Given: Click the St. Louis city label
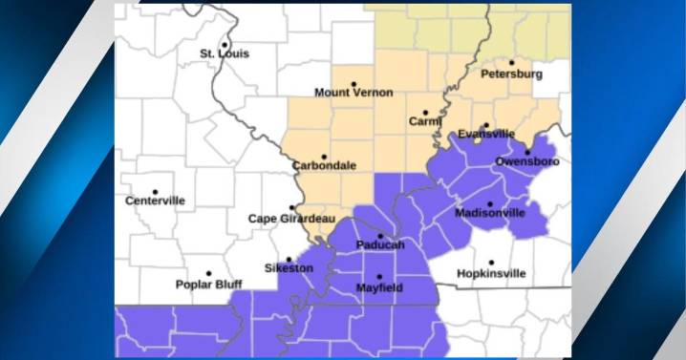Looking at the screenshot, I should pyautogui.click(x=225, y=54).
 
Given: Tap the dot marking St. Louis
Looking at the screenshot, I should pyautogui.click(x=225, y=43).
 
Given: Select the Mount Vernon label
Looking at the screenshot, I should pyautogui.click(x=349, y=94).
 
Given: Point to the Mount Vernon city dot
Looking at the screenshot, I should pyautogui.click(x=354, y=83).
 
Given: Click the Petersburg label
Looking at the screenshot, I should pyautogui.click(x=511, y=74).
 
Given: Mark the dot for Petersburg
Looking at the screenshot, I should pyautogui.click(x=512, y=62).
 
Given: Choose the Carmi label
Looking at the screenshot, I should pyautogui.click(x=425, y=122).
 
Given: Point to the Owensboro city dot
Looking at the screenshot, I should pyautogui.click(x=527, y=152).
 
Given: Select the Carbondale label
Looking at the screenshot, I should pyautogui.click(x=325, y=165).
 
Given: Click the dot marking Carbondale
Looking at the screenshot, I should pyautogui.click(x=325, y=156).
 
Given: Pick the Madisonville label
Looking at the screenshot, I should pyautogui.click(x=490, y=213).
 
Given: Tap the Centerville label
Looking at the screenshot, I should pyautogui.click(x=155, y=201).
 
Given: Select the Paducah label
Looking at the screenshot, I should pyautogui.click(x=380, y=245).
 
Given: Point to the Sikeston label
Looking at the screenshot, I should pyautogui.click(x=289, y=268).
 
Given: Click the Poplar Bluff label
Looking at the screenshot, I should pyautogui.click(x=208, y=285).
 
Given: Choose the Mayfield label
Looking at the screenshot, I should pyautogui.click(x=379, y=287).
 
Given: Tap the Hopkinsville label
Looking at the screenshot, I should pyautogui.click(x=491, y=274).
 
